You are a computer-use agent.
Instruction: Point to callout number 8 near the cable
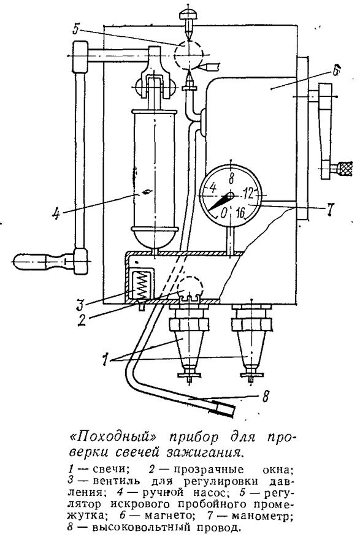(x=264, y=396)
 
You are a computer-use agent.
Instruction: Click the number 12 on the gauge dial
(x=248, y=194)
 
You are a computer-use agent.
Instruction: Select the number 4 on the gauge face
(x=213, y=187)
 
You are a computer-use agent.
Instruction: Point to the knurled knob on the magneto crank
(x=344, y=168)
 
